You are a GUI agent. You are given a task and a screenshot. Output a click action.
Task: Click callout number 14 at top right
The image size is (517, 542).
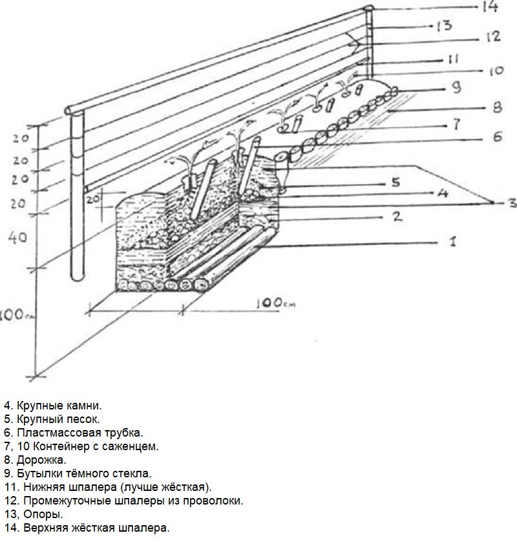pos(488,8)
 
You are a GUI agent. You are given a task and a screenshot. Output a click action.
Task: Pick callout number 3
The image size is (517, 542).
pos(510,203)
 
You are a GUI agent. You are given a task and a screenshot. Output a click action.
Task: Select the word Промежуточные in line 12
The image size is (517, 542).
pos(58,501)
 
